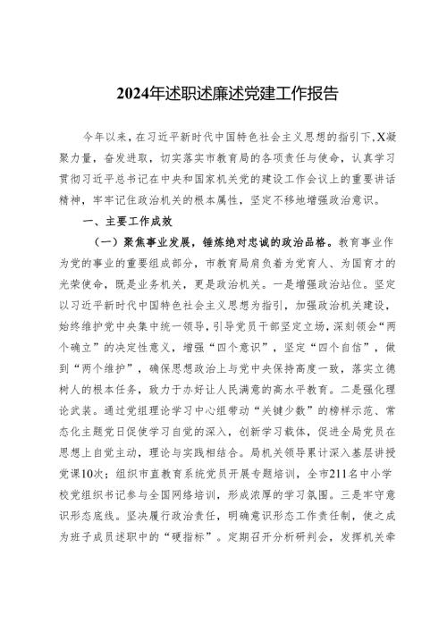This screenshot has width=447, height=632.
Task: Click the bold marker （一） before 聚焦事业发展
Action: pyautogui.click(x=108, y=241)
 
